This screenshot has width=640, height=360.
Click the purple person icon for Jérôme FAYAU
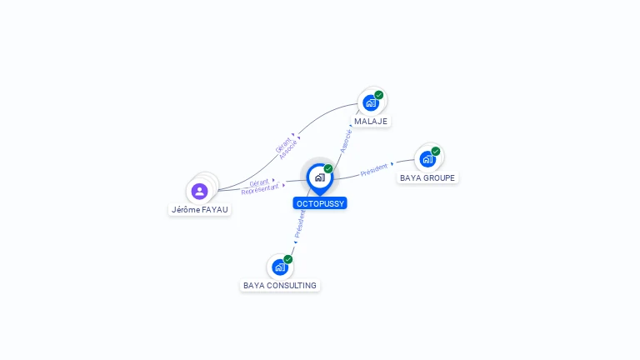200,191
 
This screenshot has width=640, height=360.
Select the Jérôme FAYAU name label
200,210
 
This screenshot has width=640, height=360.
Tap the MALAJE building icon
371,102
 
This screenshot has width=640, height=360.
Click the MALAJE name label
371,121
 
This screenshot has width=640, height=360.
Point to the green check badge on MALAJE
379,95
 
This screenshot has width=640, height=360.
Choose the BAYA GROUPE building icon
427,159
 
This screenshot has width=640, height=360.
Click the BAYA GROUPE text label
427,178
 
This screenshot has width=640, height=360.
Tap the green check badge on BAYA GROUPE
436,152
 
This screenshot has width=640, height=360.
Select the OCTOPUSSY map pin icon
320,179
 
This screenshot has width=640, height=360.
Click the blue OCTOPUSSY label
320,203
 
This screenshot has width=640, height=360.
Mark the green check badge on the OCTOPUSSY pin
328,169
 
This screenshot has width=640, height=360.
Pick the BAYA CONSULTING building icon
280,267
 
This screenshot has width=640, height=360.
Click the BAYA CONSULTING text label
280,285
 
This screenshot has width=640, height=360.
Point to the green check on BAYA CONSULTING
288,260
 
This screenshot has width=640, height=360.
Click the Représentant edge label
260,189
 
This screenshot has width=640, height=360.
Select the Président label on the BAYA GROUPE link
374,170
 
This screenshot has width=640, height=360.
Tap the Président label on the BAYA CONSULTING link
300,224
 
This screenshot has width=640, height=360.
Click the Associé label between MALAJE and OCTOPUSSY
346,141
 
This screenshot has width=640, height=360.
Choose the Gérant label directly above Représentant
259,182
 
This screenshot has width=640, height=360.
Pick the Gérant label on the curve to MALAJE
282,145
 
